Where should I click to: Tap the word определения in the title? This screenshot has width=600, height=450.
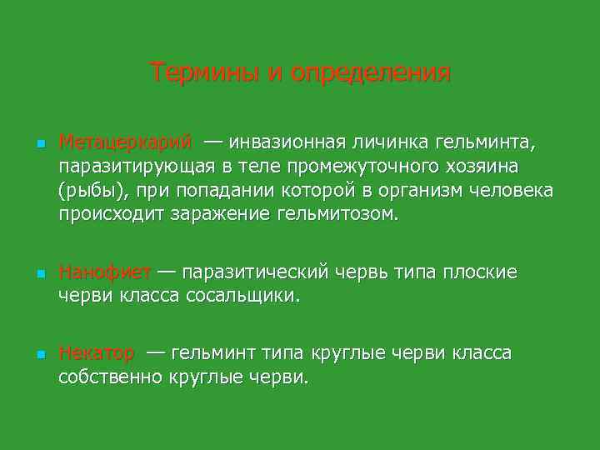click(372, 73)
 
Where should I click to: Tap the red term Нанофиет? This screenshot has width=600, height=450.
click(105, 272)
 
